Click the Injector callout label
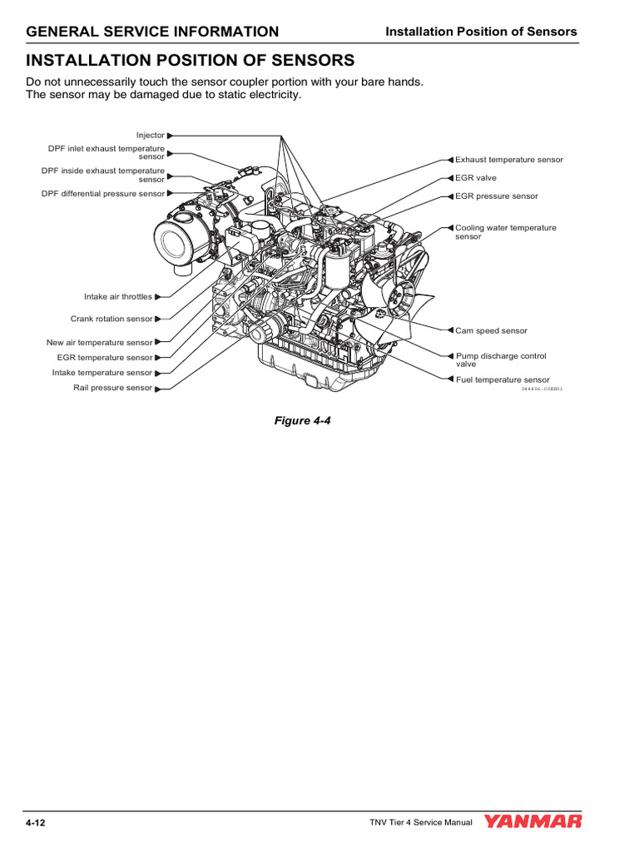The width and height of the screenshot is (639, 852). click(x=151, y=135)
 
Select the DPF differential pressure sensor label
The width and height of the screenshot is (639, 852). click(x=103, y=194)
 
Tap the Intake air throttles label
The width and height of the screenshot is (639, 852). click(x=118, y=296)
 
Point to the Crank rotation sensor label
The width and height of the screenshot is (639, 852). click(x=111, y=319)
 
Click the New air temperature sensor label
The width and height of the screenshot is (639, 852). click(x=100, y=342)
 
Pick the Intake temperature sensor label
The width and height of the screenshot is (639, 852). click(x=102, y=373)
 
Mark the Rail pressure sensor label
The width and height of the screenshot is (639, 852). click(x=112, y=388)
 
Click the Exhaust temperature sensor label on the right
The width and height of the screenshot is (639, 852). click(x=508, y=160)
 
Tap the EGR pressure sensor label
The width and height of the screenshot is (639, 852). click(x=496, y=196)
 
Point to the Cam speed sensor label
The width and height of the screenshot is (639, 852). click(x=491, y=330)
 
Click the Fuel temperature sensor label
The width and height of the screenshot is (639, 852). click(x=502, y=379)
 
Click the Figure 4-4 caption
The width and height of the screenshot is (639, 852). click(x=303, y=420)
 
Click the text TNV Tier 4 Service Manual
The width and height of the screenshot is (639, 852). click(x=421, y=823)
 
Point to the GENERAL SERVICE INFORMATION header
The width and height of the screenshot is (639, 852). click(x=152, y=32)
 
